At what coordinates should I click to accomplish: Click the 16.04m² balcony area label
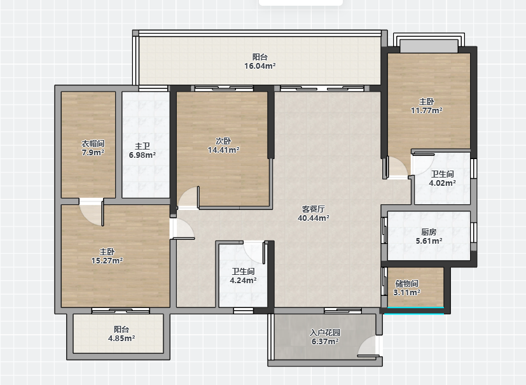(260, 66)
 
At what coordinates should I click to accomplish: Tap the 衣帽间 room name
(93, 144)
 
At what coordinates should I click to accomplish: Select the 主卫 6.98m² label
(142, 151)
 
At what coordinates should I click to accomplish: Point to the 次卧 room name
(223, 141)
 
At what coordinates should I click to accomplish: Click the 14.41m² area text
(223, 150)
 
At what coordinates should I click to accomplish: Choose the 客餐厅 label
(314, 209)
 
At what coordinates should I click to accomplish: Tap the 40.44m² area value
(314, 218)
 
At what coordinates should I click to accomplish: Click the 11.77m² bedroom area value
(426, 111)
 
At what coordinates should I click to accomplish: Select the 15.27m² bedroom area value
(107, 261)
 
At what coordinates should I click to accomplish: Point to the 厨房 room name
(429, 232)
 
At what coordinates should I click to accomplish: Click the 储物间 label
(406, 284)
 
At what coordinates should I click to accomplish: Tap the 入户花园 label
(325, 333)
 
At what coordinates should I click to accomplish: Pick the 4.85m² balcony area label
(121, 339)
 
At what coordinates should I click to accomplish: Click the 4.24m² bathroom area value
(243, 280)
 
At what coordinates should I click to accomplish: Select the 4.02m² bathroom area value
(442, 183)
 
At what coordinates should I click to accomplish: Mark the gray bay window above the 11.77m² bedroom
(429, 46)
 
